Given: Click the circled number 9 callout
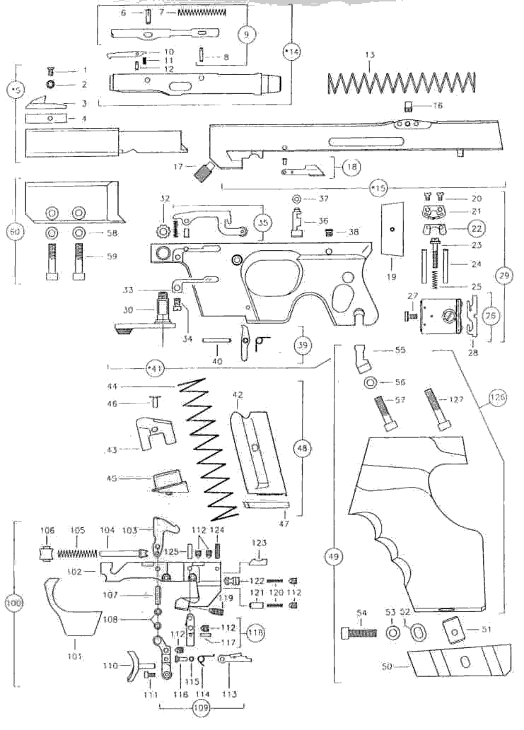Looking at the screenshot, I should pos(247,34).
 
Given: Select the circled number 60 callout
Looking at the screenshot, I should pos(13,231).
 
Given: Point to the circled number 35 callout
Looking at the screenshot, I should pos(262,222).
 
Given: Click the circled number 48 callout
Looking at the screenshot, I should pos(304,447).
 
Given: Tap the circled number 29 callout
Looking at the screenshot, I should pos(503,277).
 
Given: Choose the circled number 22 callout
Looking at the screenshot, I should pos(458,228).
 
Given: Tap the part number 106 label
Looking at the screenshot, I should pos(47,529).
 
